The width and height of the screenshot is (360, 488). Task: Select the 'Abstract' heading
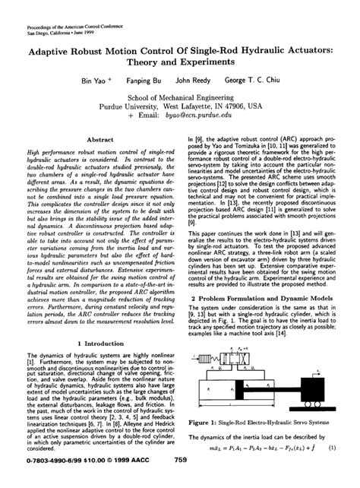100,140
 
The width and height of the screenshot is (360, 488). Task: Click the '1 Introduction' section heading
100,344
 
